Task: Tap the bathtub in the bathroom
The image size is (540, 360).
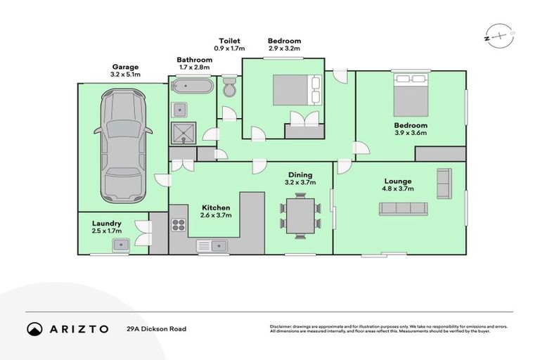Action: tap(191, 87)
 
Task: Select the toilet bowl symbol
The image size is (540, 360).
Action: tap(229, 89)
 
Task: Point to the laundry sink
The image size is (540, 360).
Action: tap(120, 245)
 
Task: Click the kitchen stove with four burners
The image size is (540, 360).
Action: tap(179, 226)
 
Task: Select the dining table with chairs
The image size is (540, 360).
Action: tap(300, 216)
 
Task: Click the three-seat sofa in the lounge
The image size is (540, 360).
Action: tap(403, 208)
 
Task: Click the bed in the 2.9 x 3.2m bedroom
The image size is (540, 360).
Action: tap(297, 89)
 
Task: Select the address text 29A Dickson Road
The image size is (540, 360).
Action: tap(156, 328)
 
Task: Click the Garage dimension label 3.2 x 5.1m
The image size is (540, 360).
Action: tap(125, 75)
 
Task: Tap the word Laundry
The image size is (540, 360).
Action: tap(106, 223)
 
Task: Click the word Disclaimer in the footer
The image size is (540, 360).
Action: tap(282, 326)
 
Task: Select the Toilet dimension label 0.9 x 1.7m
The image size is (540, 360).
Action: tap(230, 49)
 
